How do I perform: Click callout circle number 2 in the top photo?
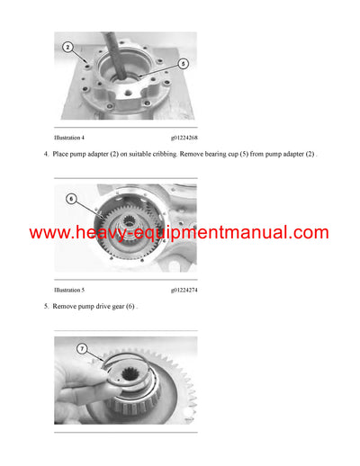[x=67, y=46]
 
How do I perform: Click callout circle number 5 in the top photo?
[x=183, y=64]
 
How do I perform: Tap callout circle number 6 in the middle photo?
[x=71, y=198]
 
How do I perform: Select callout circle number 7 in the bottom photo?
[x=82, y=348]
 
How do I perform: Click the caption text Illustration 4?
[x=69, y=138]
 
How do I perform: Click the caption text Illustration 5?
[x=69, y=291]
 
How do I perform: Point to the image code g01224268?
[x=184, y=138]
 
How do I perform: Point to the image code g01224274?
[x=184, y=291]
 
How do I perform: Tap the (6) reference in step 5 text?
[x=132, y=308]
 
